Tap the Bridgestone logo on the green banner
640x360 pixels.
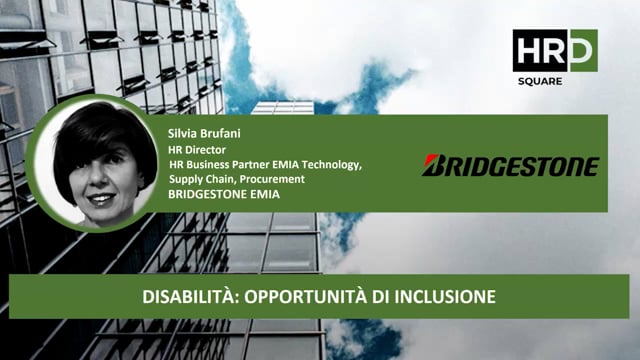(x=510, y=165)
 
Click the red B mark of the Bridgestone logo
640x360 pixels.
(x=431, y=165)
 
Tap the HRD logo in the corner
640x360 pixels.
(x=555, y=51)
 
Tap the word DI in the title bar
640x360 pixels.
(x=384, y=297)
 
